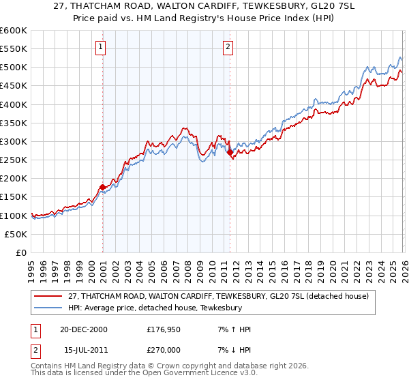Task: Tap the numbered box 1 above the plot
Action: click(x=100, y=47)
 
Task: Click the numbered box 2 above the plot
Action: click(x=227, y=47)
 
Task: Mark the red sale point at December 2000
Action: click(x=103, y=187)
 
